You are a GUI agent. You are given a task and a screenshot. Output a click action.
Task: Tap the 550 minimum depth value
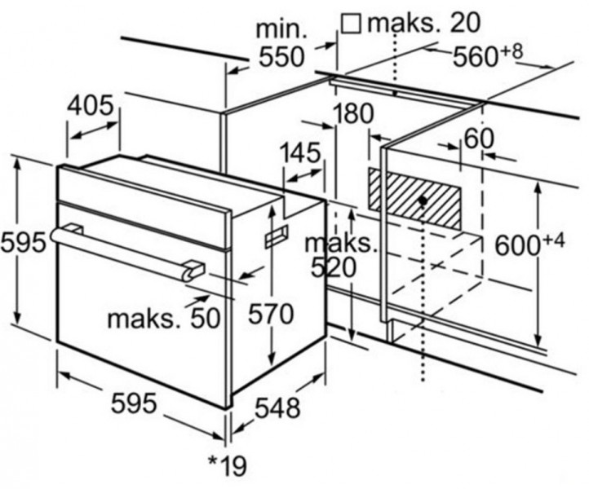pyautogui.click(x=281, y=57)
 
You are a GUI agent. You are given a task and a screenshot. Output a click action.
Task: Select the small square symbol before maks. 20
pyautogui.click(x=351, y=23)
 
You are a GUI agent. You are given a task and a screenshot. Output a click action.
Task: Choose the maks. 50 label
pyautogui.click(x=163, y=317)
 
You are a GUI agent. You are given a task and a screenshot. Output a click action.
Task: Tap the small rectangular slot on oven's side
pyautogui.click(x=276, y=236)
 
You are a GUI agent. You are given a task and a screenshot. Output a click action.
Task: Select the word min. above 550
pyautogui.click(x=281, y=30)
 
